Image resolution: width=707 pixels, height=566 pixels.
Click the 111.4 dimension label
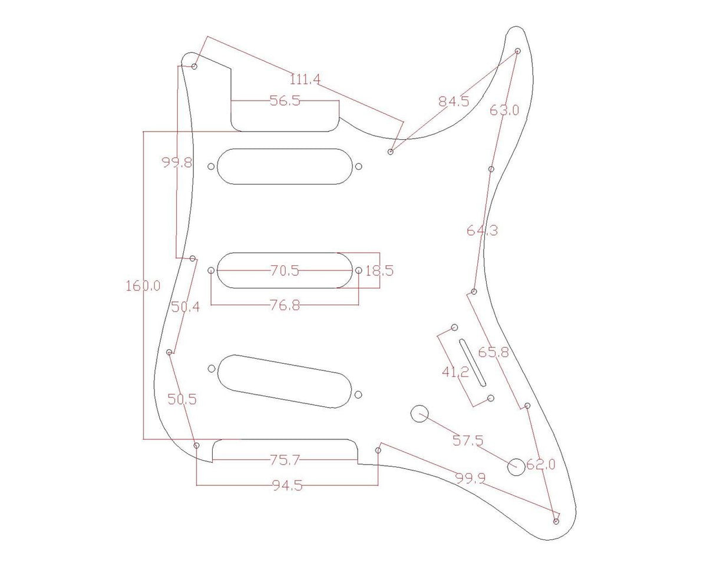[305, 79]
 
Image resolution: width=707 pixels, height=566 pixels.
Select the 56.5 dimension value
[285, 101]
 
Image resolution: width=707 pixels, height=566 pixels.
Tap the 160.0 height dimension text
[143, 286]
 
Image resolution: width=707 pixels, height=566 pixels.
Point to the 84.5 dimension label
[454, 101]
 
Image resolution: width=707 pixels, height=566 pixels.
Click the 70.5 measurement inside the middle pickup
[285, 271]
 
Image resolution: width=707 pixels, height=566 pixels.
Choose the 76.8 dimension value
[285, 305]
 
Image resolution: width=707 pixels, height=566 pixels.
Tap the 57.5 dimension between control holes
[468, 440]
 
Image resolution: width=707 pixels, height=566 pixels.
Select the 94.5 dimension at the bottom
[288, 485]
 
